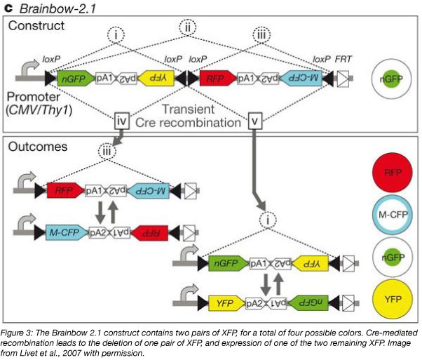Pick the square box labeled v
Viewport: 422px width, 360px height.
[x=256, y=120]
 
